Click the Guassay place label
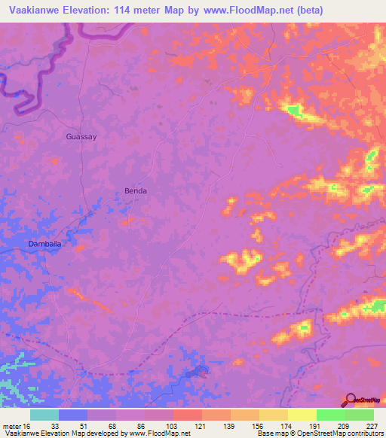pos(81,137)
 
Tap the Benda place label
pos(136,191)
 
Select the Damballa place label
pos(43,244)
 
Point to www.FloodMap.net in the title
pos(244,10)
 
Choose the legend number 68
pos(108,426)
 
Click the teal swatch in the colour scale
pos(44,415)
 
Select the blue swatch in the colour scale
pos(73,415)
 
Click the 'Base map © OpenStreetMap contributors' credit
pos(319,433)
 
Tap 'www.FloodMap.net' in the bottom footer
pos(158,433)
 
